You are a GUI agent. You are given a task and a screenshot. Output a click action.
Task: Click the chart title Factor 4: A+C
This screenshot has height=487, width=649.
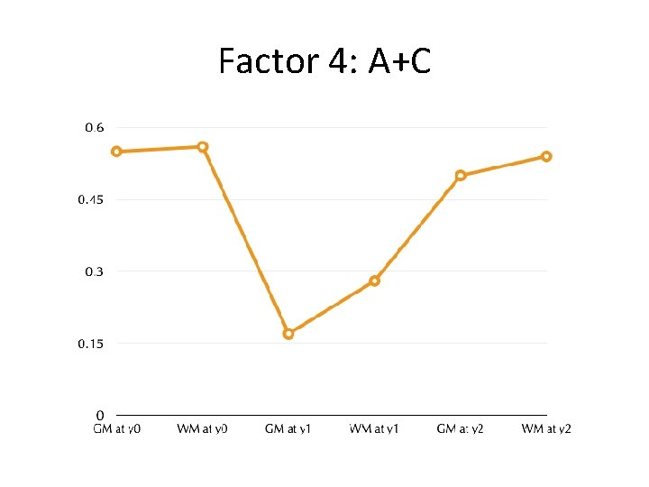tap(324, 61)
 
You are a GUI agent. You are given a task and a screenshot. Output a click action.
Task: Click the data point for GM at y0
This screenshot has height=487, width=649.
tap(116, 152)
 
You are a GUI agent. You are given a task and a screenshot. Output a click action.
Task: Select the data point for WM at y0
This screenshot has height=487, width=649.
tap(203, 146)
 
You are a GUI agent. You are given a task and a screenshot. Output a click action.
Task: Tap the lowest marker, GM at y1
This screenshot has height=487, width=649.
tap(288, 334)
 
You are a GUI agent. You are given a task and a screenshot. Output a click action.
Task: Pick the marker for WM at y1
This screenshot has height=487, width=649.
tap(375, 280)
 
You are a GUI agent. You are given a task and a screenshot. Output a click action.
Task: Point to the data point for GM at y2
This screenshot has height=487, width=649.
tap(461, 175)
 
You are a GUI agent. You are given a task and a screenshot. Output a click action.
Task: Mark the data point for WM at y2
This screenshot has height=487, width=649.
tap(546, 156)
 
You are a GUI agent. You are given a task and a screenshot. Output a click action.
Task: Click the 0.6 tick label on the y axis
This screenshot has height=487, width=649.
tap(94, 128)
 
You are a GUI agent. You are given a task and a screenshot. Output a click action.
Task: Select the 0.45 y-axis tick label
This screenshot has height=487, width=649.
tap(90, 199)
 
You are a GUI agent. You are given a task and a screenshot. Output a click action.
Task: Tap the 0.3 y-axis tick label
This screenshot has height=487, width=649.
tap(94, 271)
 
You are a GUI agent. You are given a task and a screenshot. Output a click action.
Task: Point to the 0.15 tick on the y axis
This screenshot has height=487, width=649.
tap(90, 344)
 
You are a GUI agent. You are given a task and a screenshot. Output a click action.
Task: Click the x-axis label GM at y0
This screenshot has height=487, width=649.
tap(117, 428)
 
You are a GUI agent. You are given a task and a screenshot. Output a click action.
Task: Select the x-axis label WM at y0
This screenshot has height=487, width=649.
tap(203, 428)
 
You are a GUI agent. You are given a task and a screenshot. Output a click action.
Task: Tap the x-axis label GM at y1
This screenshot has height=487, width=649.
tap(288, 428)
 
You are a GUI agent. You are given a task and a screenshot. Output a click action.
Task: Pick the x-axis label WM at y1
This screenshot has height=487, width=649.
tap(374, 428)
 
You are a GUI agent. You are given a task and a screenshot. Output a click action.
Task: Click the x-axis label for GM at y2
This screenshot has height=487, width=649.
tap(461, 428)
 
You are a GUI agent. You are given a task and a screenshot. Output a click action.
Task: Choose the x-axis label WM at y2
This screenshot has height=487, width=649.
tap(546, 428)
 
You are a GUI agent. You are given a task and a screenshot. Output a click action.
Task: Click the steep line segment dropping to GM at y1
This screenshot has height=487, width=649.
tap(245, 240)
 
